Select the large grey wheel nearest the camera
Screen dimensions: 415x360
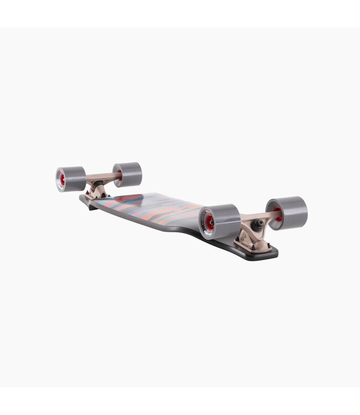click(x=220, y=221)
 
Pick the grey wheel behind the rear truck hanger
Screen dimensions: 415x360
click(x=128, y=174)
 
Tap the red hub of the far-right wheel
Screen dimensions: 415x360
click(x=277, y=215)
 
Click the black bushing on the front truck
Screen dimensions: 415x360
click(x=259, y=224)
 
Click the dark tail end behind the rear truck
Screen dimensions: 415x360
click(x=86, y=199)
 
